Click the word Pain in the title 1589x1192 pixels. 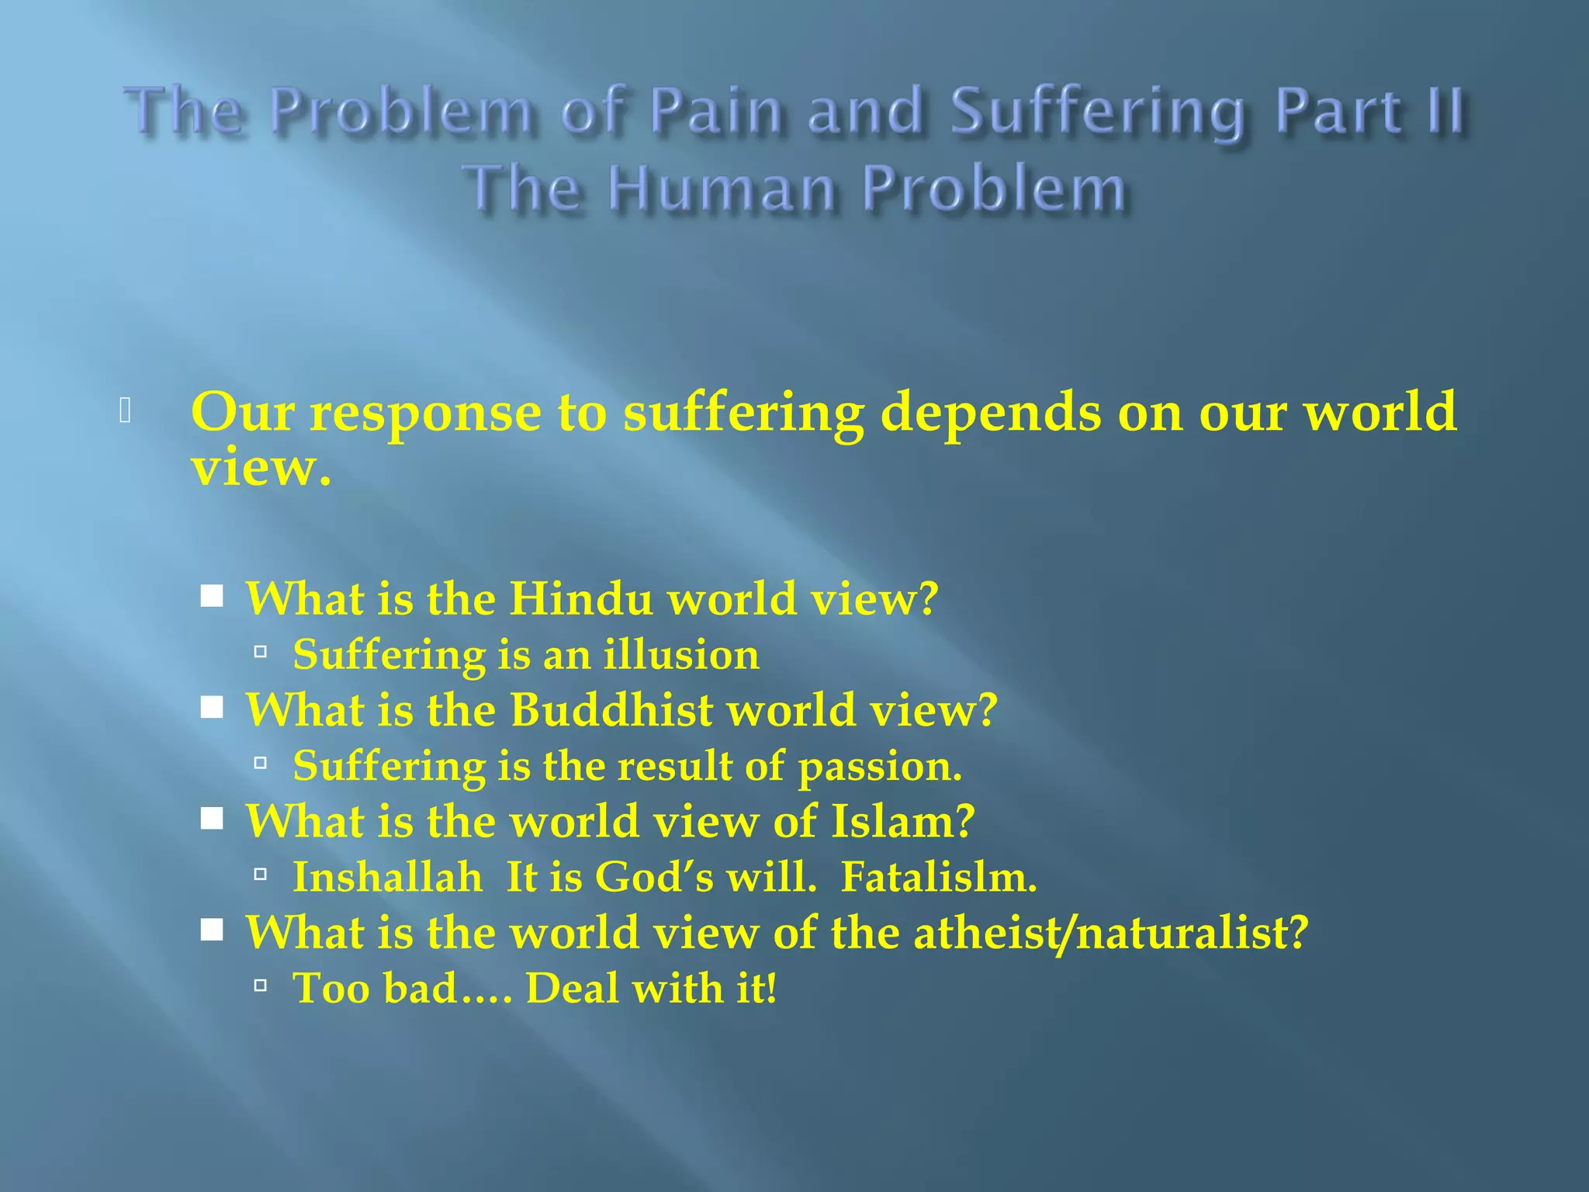pyautogui.click(x=715, y=110)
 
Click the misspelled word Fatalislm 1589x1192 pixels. pyautogui.click(x=939, y=877)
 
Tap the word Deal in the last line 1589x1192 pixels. pyautogui.click(x=573, y=989)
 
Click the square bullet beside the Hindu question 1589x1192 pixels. pyautogui.click(x=211, y=598)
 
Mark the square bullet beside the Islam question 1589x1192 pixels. pyautogui.click(x=211, y=819)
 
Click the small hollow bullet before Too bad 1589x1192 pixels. pyautogui.click(x=261, y=986)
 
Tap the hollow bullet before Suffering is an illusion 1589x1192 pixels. pyautogui.click(x=261, y=653)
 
